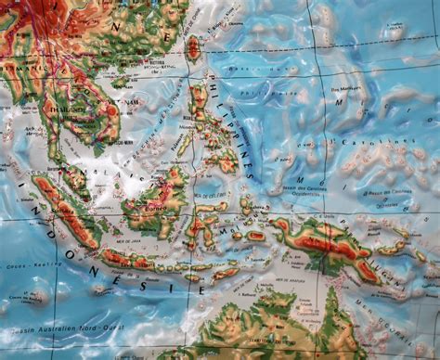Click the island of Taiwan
(193, 45)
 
